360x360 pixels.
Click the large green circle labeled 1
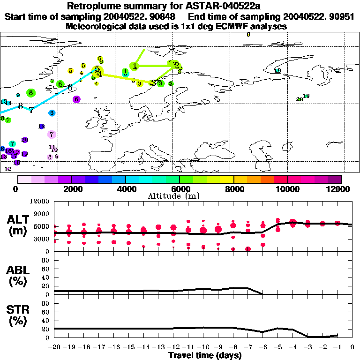(135, 66)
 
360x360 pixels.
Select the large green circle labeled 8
(31, 93)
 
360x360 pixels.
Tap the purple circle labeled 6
(76, 99)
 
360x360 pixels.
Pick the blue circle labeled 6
(52, 113)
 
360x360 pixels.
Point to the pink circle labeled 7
(52, 134)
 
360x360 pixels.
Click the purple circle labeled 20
(25, 140)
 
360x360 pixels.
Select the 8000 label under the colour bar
(233, 189)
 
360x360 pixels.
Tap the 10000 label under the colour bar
(287, 189)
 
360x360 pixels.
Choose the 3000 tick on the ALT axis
(42, 239)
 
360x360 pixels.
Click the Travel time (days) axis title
(205, 356)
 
